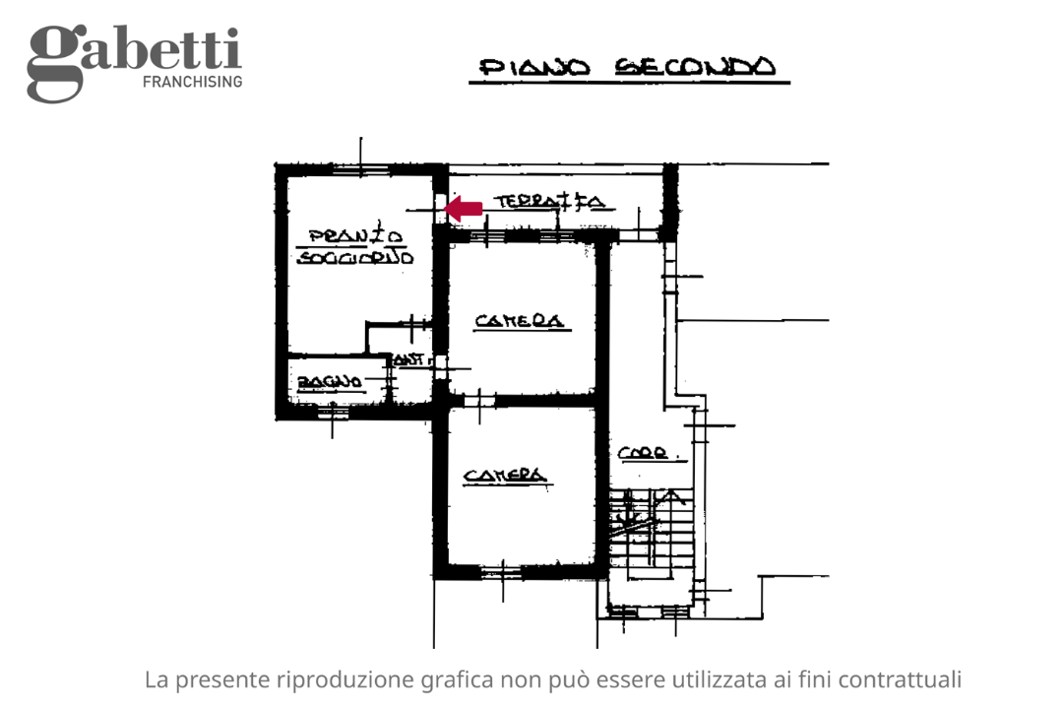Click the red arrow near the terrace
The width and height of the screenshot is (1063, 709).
(464, 208)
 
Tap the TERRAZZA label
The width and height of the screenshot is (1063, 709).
(548, 202)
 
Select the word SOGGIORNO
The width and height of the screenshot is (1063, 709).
(355, 257)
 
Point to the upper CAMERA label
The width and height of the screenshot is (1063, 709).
(519, 321)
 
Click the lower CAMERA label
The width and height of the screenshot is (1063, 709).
(505, 476)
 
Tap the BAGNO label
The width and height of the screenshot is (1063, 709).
(329, 381)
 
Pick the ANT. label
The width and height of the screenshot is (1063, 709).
(410, 361)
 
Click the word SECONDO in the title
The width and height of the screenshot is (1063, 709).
(695, 67)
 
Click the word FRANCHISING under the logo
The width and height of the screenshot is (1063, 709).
(192, 82)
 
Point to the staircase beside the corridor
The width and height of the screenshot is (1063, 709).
(650, 532)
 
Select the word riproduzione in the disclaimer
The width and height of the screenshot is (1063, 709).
(344, 679)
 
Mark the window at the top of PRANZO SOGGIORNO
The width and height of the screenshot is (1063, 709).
(358, 168)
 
